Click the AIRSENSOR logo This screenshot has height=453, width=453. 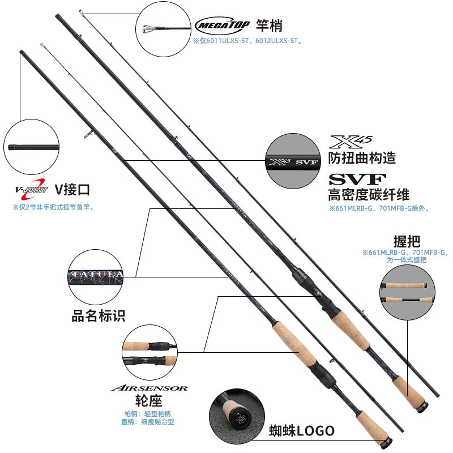149,388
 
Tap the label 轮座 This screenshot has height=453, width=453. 149,401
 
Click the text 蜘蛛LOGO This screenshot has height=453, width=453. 302,431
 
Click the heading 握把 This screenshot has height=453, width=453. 407,240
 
